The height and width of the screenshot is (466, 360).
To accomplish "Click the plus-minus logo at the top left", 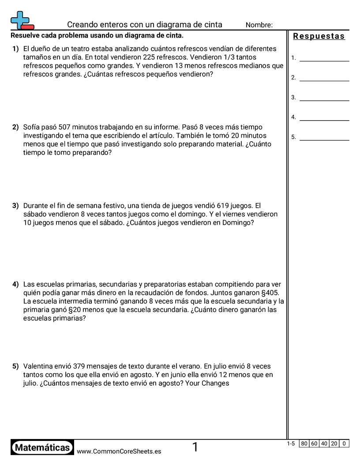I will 22,20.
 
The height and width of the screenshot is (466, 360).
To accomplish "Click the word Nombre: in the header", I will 259,25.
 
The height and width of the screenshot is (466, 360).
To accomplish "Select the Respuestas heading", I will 319,36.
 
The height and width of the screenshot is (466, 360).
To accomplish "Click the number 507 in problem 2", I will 64,127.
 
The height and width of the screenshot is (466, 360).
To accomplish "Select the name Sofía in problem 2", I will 32,127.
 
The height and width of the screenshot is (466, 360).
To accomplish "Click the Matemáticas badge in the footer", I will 42,447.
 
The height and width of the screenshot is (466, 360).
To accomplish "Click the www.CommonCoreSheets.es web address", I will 119,451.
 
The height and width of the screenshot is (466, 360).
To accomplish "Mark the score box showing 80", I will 304,443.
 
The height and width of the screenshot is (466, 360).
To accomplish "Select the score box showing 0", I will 344,443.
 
